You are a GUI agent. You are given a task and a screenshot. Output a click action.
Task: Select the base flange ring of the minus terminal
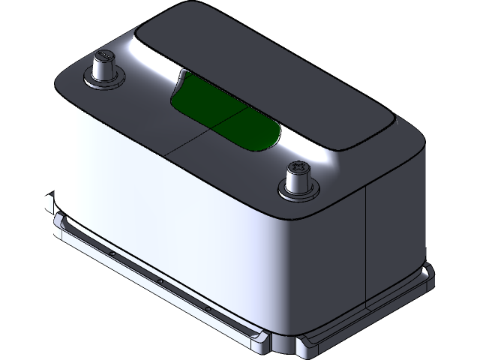104,81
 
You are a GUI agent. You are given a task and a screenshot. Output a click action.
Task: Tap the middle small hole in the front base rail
160,282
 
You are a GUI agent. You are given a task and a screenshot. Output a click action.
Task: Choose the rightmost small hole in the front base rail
208,308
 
